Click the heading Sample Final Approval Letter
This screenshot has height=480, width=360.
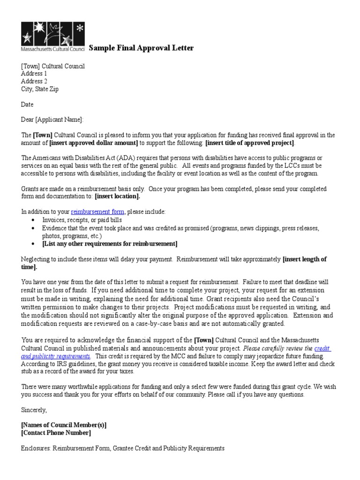[141, 48]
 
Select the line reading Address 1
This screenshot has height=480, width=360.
[34, 74]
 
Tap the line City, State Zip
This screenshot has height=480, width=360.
[40, 89]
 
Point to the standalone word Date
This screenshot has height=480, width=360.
[27, 105]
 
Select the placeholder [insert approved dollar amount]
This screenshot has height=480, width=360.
[93, 143]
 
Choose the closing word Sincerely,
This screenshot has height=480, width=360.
[34, 410]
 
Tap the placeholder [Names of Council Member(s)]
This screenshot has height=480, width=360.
[64, 425]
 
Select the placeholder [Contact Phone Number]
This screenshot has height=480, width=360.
[56, 433]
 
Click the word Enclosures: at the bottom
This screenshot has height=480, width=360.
[36, 448]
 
